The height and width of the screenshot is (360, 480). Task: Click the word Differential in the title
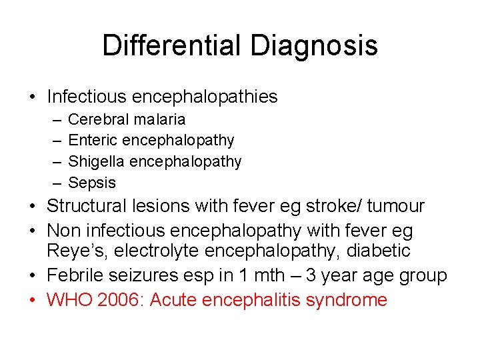(x=173, y=45)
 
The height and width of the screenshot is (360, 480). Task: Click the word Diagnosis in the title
(x=314, y=45)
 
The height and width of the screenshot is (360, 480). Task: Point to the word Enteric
(x=92, y=140)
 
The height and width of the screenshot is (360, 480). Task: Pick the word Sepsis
(x=92, y=183)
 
